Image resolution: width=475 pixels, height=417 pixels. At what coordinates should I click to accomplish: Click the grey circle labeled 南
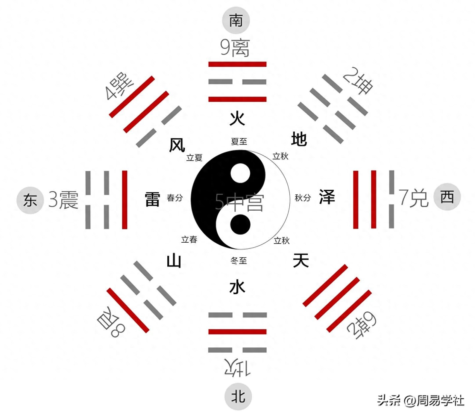(x=236, y=20)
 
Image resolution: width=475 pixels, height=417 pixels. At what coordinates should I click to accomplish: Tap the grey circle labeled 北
(x=238, y=396)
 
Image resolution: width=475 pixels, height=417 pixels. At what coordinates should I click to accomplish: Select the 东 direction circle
(x=30, y=200)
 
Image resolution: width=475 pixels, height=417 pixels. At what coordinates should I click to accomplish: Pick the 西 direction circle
(x=447, y=197)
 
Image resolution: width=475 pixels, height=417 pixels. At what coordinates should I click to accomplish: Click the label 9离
(x=235, y=48)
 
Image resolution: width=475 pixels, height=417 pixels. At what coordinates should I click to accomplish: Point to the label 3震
(x=63, y=200)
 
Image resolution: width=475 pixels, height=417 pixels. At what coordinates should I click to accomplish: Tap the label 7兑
(x=413, y=198)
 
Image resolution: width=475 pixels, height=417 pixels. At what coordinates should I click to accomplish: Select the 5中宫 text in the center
(x=239, y=202)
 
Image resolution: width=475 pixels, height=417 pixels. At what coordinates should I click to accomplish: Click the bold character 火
(x=237, y=119)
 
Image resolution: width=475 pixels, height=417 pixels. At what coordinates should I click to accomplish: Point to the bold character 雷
(x=152, y=199)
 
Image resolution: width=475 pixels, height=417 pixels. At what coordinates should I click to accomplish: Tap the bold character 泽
(x=327, y=197)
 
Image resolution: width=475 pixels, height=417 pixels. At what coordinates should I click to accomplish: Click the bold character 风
(x=177, y=145)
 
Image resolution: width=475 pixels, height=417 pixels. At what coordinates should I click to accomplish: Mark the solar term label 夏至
(x=239, y=141)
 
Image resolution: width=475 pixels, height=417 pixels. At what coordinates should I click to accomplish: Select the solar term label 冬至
(x=239, y=261)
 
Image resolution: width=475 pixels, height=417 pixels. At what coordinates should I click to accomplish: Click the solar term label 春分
(x=175, y=198)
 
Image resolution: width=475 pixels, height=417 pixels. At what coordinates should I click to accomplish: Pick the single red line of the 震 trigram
(x=125, y=200)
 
